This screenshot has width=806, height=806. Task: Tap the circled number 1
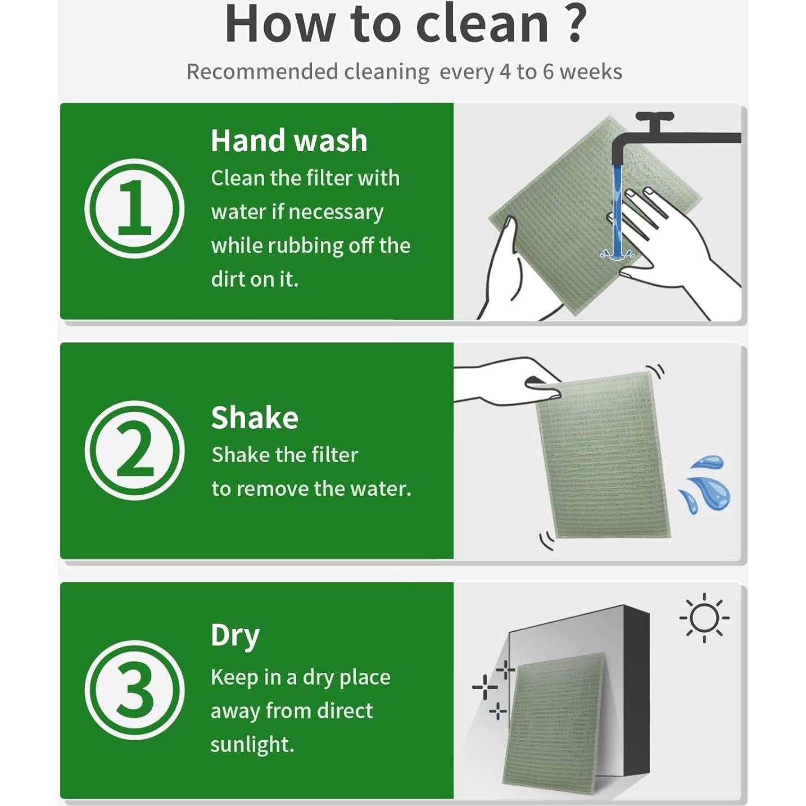click(x=134, y=208)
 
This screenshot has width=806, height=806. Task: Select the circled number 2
click(x=134, y=450)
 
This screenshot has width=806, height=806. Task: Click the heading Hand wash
click(x=289, y=141)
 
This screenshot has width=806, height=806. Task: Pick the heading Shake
click(x=255, y=418)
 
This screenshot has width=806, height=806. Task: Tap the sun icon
click(x=704, y=618)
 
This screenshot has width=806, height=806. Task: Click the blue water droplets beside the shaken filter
click(x=705, y=484)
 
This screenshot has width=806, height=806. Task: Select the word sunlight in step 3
click(x=252, y=745)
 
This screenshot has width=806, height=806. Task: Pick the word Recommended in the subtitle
click(x=262, y=72)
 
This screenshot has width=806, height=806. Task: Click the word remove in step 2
click(x=273, y=488)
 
